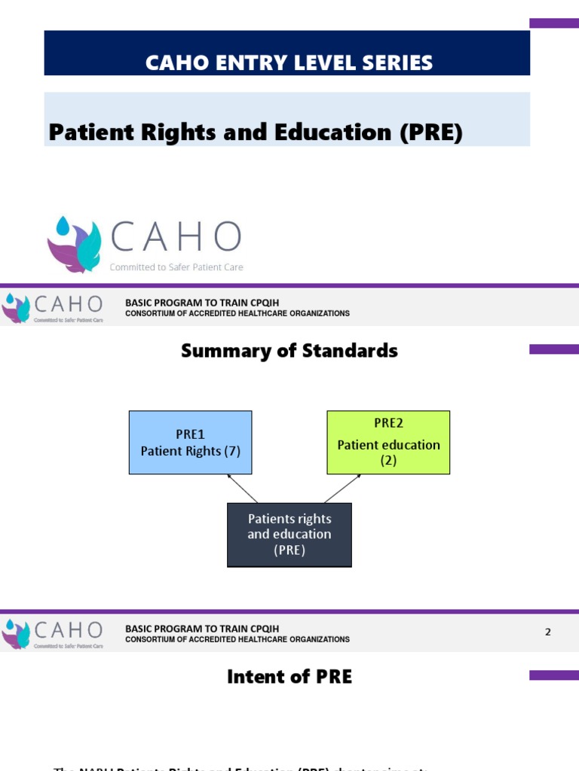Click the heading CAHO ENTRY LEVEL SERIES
[x=289, y=62]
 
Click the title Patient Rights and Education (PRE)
[x=255, y=133]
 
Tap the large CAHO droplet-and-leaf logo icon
[x=74, y=244]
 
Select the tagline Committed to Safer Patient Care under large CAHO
[x=176, y=267]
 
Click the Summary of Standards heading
[x=289, y=351]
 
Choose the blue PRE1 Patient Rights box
[x=190, y=442]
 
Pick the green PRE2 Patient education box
[x=388, y=442]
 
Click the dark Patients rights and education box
[x=289, y=535]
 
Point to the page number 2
[x=548, y=632]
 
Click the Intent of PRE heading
[x=289, y=677]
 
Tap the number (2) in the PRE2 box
[x=388, y=460]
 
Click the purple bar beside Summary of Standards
[x=554, y=349]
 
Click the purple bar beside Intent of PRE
[x=554, y=675]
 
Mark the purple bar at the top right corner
[x=554, y=23]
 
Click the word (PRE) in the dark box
[x=289, y=550]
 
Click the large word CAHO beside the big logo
[x=176, y=236]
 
